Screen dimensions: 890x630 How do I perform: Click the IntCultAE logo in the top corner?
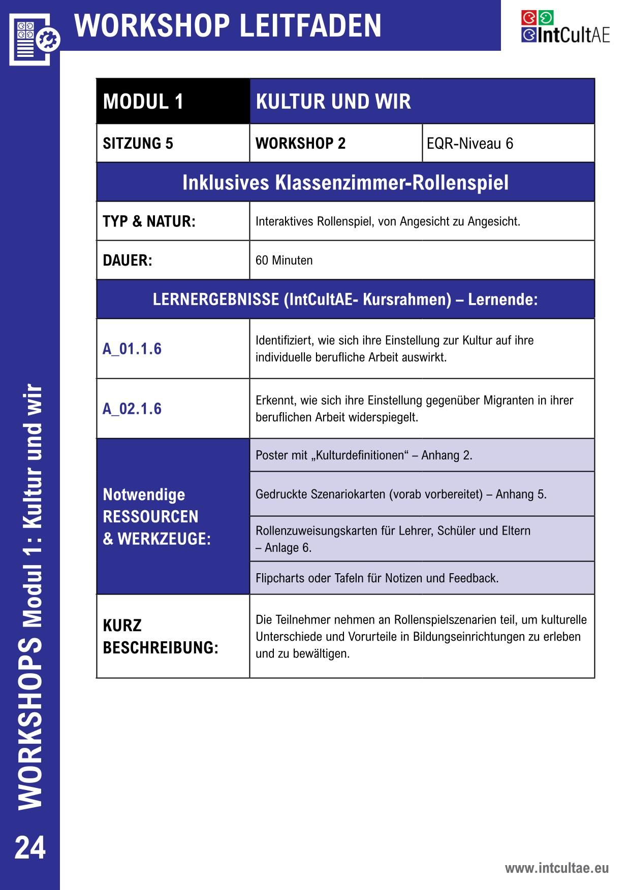pos(565,27)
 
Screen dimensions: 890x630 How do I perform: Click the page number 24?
pos(30,848)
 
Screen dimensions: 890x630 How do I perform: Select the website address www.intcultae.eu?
pos(556,868)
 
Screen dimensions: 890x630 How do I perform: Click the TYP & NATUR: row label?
pos(149,221)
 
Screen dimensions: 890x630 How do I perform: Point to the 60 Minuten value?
pos(284,260)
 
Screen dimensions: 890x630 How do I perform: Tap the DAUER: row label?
pos(128,260)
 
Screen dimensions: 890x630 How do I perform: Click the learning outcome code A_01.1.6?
pos(132,349)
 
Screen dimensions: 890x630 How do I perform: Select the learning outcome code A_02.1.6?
pos(132,409)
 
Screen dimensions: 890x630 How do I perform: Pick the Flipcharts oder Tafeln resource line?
pos(376,578)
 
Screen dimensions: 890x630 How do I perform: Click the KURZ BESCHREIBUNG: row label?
pos(160,637)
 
